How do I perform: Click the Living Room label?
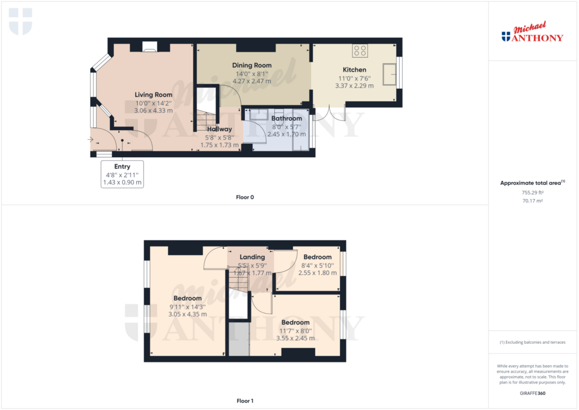(153, 95)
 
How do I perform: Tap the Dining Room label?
(252, 66)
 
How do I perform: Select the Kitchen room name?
(355, 70)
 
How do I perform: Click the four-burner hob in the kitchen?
(360, 50)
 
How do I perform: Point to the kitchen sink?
(389, 74)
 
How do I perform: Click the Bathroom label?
(287, 119)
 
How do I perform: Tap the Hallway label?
(219, 130)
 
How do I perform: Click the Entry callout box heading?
(122, 167)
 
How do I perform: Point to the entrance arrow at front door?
(90, 140)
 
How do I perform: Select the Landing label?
(252, 257)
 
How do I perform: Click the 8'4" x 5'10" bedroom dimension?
(318, 266)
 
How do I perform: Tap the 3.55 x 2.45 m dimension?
(295, 338)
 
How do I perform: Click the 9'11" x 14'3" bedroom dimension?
(188, 307)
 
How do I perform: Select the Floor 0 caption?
(245, 197)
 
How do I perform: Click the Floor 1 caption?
(245, 401)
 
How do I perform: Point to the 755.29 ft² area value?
(533, 192)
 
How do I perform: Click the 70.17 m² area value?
(533, 201)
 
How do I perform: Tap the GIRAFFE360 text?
(533, 394)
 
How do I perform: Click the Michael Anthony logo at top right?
(533, 32)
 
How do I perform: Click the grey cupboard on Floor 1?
(239, 339)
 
